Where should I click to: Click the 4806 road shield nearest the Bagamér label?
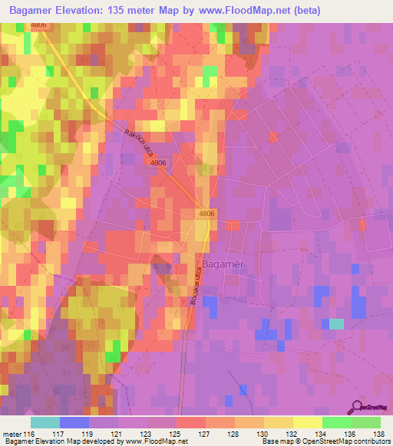point(206,214)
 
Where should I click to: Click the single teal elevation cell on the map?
point(336,323)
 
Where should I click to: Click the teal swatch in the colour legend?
point(45,422)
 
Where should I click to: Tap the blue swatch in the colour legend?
point(74,422)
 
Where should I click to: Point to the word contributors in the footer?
point(369,441)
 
